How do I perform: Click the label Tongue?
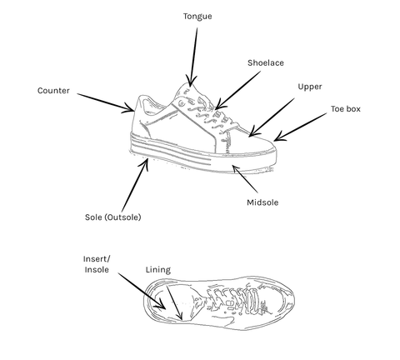click(x=197, y=17)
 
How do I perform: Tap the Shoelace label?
click(x=266, y=62)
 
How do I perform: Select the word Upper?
click(x=310, y=87)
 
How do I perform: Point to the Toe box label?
click(x=346, y=109)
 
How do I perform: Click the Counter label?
click(x=53, y=91)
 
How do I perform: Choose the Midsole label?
click(x=262, y=202)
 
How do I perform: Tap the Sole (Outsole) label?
click(x=112, y=217)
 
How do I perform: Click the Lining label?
click(x=158, y=270)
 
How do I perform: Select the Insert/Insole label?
click(x=97, y=264)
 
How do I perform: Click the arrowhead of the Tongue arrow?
click(x=190, y=82)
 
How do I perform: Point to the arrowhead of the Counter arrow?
click(x=129, y=109)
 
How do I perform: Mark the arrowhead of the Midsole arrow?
click(x=235, y=169)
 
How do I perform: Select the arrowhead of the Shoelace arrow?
click(x=219, y=105)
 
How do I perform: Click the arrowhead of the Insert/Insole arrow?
click(x=161, y=305)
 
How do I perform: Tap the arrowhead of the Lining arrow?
click(x=180, y=317)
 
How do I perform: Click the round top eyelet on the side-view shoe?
click(x=182, y=104)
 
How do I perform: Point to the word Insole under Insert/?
click(x=97, y=270)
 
